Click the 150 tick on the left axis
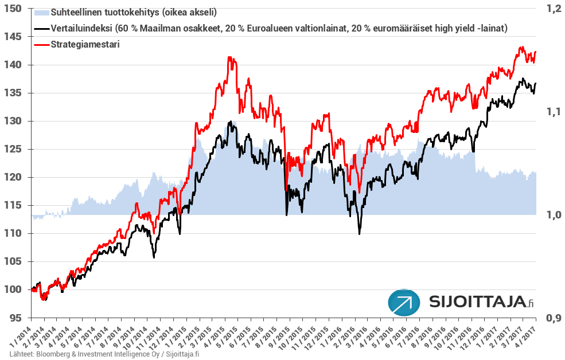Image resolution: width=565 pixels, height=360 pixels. tap(14, 9)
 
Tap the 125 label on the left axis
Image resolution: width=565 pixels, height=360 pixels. tap(14, 149)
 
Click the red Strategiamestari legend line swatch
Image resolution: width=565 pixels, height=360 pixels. tap(42, 44)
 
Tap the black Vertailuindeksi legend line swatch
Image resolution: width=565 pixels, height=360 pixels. tap(42, 28)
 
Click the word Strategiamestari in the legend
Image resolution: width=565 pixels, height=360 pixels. tap(85, 44)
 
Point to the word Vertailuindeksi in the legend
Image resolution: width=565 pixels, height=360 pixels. tap(81, 28)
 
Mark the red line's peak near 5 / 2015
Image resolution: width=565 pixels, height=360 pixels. tap(229, 57)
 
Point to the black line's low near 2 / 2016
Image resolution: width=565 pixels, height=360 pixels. tap(360, 233)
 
